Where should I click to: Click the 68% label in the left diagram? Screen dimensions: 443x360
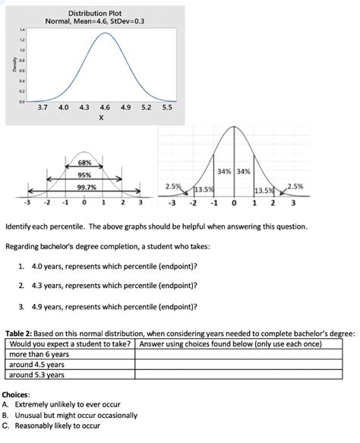point(84,163)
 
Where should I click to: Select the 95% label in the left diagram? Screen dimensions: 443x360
point(84,176)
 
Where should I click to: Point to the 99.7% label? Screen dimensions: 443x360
point(84,189)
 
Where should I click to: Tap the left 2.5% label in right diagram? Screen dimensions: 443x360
point(174,185)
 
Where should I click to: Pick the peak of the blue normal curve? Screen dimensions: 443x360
point(105,35)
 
